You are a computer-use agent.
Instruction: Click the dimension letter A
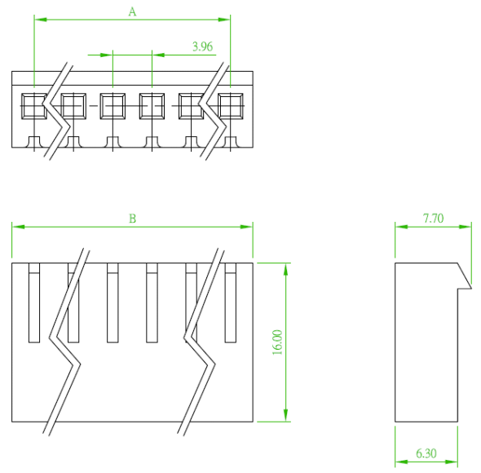132,11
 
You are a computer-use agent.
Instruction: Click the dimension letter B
132,219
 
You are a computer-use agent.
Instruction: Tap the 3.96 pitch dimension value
202,46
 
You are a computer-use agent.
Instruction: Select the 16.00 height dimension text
277,343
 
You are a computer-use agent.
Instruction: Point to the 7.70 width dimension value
433,219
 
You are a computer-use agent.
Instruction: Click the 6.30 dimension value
426,453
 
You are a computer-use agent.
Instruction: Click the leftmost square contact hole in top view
34,106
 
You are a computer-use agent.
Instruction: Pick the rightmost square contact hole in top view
231,106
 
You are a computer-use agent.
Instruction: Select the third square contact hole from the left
113,106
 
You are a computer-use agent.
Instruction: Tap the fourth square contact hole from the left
152,106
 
